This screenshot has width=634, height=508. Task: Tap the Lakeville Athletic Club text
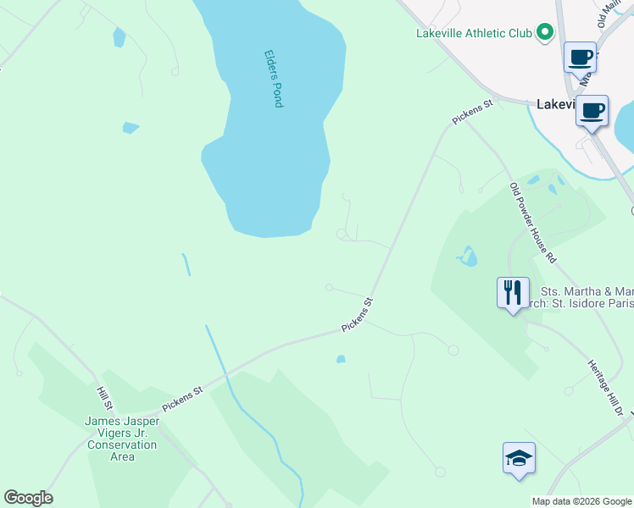pyautogui.click(x=473, y=34)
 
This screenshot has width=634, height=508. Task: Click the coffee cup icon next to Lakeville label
pyautogui.click(x=592, y=109)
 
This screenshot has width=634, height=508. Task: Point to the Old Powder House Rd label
pyautogui.click(x=532, y=221)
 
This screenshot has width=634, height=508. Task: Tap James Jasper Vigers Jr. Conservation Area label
pyautogui.click(x=122, y=439)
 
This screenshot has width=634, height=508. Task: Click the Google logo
pyautogui.click(x=28, y=498)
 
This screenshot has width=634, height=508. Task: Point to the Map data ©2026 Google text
pyautogui.click(x=581, y=501)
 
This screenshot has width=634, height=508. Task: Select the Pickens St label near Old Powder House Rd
pyautogui.click(x=472, y=113)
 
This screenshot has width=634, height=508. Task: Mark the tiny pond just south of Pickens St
pyautogui.click(x=341, y=359)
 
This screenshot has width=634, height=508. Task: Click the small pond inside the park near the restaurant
pyautogui.click(x=467, y=255)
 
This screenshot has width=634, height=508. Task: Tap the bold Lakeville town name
pyautogui.click(x=556, y=104)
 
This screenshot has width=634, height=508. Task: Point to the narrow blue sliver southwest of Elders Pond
pyautogui.click(x=186, y=264)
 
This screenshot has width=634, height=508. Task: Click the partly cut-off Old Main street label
pyautogui.click(x=608, y=14)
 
